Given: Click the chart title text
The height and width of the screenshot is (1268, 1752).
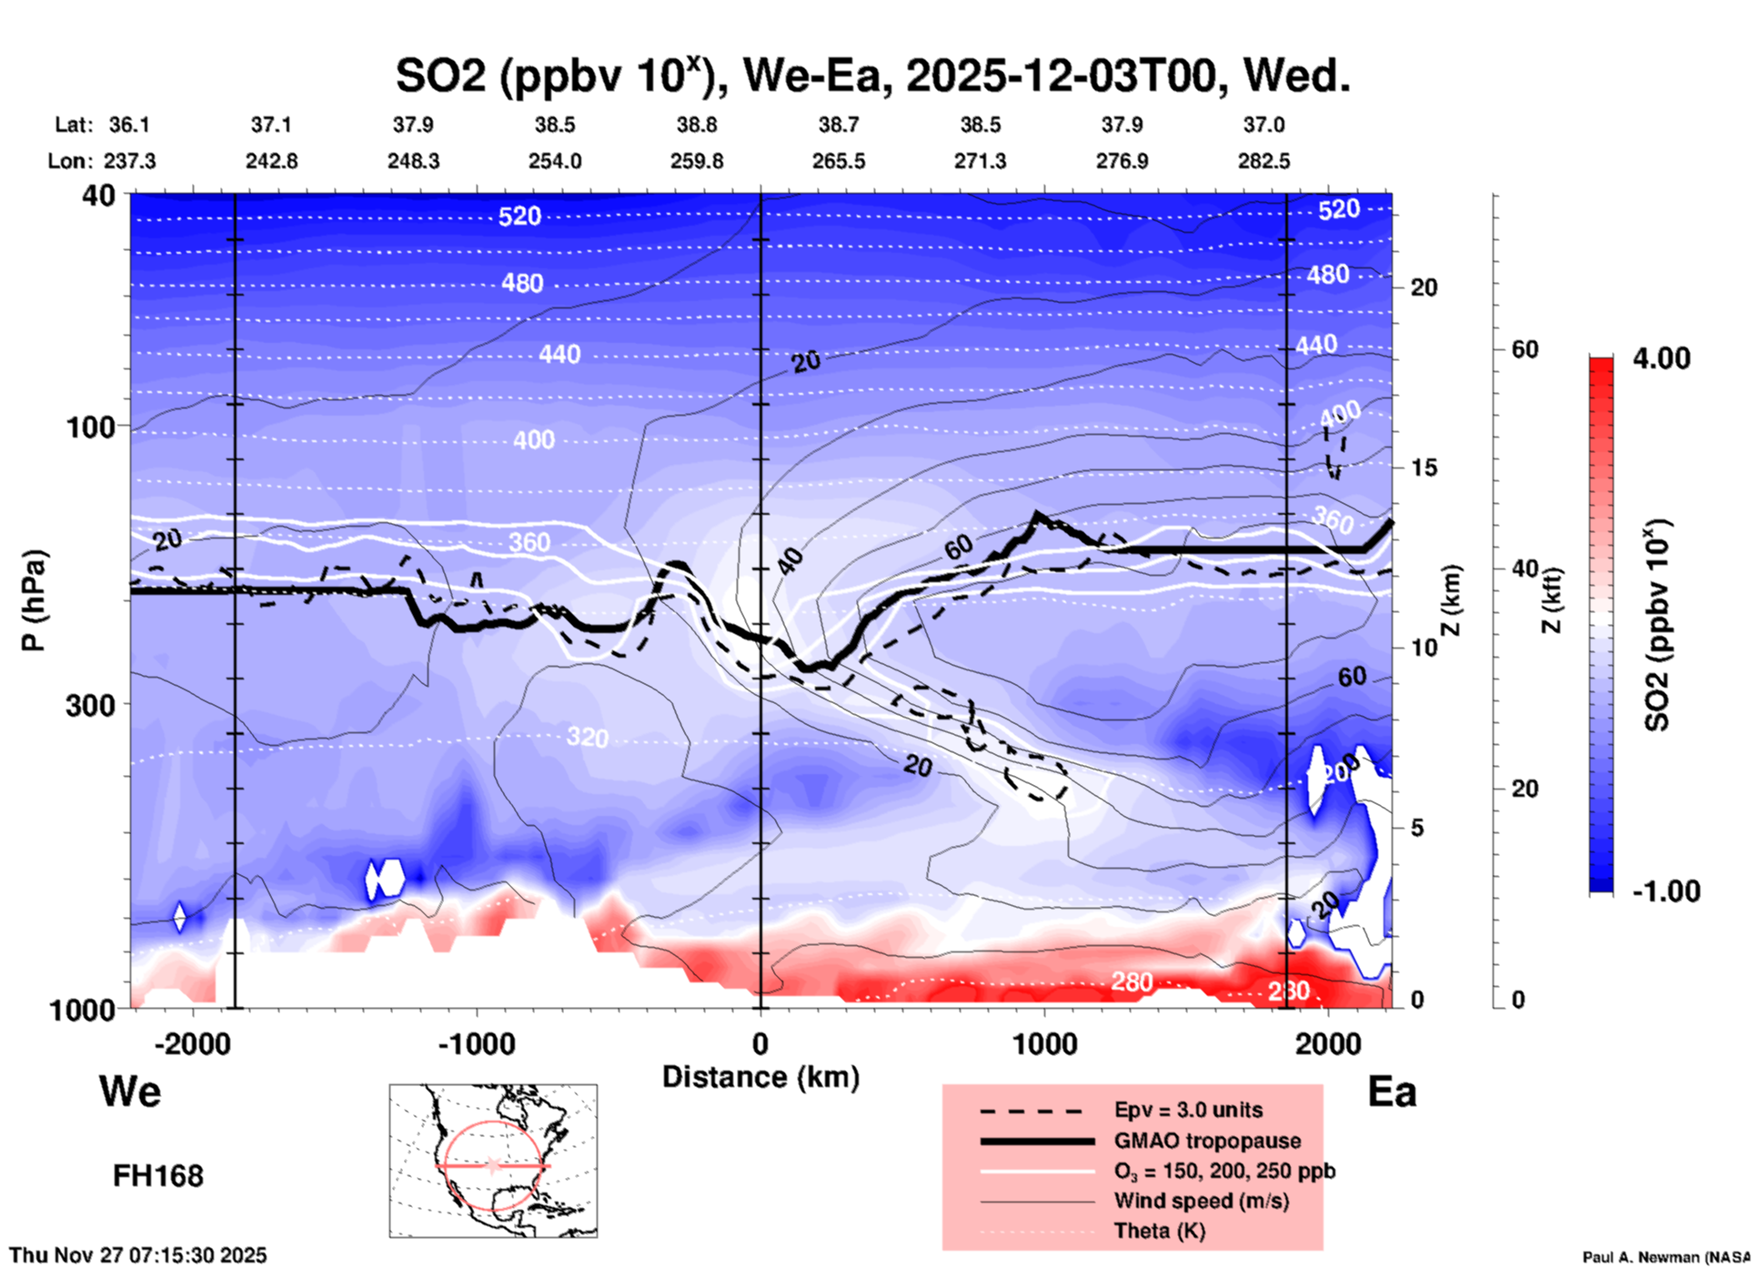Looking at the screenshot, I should click(x=872, y=76).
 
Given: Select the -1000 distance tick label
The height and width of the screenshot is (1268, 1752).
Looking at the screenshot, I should click(x=476, y=1043).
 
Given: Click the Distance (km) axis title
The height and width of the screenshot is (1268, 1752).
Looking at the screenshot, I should click(x=760, y=1077).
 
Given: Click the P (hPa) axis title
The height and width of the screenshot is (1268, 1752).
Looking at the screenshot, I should click(x=33, y=600).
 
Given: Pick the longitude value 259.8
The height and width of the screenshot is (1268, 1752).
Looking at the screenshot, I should click(x=697, y=161).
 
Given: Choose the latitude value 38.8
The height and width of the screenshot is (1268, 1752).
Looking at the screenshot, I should click(x=697, y=125).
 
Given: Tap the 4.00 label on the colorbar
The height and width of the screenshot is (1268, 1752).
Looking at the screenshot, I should click(x=1661, y=358).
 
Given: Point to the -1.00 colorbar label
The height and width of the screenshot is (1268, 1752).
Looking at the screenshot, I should click(x=1666, y=891).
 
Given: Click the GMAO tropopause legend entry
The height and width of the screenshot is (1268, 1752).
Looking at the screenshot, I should click(x=1207, y=1141).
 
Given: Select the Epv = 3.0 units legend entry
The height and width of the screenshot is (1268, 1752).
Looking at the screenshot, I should click(x=1188, y=1111).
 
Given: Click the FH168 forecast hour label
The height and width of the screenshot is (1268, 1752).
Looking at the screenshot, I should click(x=158, y=1176).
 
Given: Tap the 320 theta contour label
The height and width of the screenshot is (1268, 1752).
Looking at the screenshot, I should click(x=587, y=737).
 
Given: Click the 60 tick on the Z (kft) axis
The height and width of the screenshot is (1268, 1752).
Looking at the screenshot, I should click(x=1525, y=349).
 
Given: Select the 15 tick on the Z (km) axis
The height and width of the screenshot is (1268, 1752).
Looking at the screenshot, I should click(x=1424, y=468).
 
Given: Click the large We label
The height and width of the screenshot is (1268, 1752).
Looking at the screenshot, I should click(x=130, y=1092).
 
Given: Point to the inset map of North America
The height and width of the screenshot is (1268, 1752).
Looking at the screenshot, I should click(x=493, y=1161).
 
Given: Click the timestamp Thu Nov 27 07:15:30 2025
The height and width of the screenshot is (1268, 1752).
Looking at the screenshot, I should click(x=138, y=1255).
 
